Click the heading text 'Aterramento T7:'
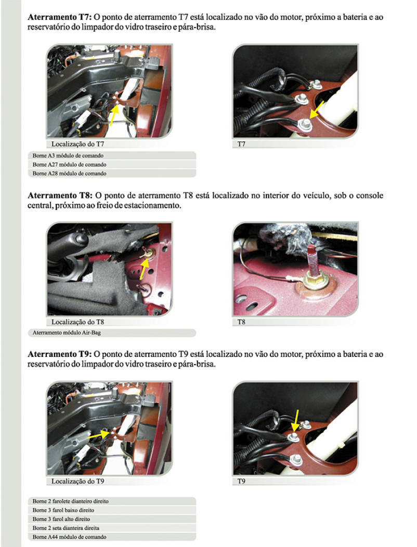click(60, 17)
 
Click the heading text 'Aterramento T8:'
click(60, 195)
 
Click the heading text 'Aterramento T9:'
click(60, 354)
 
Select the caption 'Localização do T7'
click(77, 144)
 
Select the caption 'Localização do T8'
click(77, 322)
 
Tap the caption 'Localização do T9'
click(77, 481)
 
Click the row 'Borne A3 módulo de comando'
click(112, 156)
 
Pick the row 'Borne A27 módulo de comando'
click(112, 164)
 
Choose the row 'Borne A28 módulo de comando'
click(112, 173)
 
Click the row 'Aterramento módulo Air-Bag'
click(112, 333)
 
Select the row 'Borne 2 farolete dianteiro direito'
click(112, 501)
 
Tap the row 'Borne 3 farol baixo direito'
click(112, 510)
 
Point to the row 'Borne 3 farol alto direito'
click(112, 519)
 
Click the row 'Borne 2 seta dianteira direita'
click(112, 528)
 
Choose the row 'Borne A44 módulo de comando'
click(112, 537)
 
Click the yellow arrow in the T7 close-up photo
click(317, 110)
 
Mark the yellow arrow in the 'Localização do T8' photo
click(144, 269)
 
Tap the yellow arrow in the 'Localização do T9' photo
click(99, 435)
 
